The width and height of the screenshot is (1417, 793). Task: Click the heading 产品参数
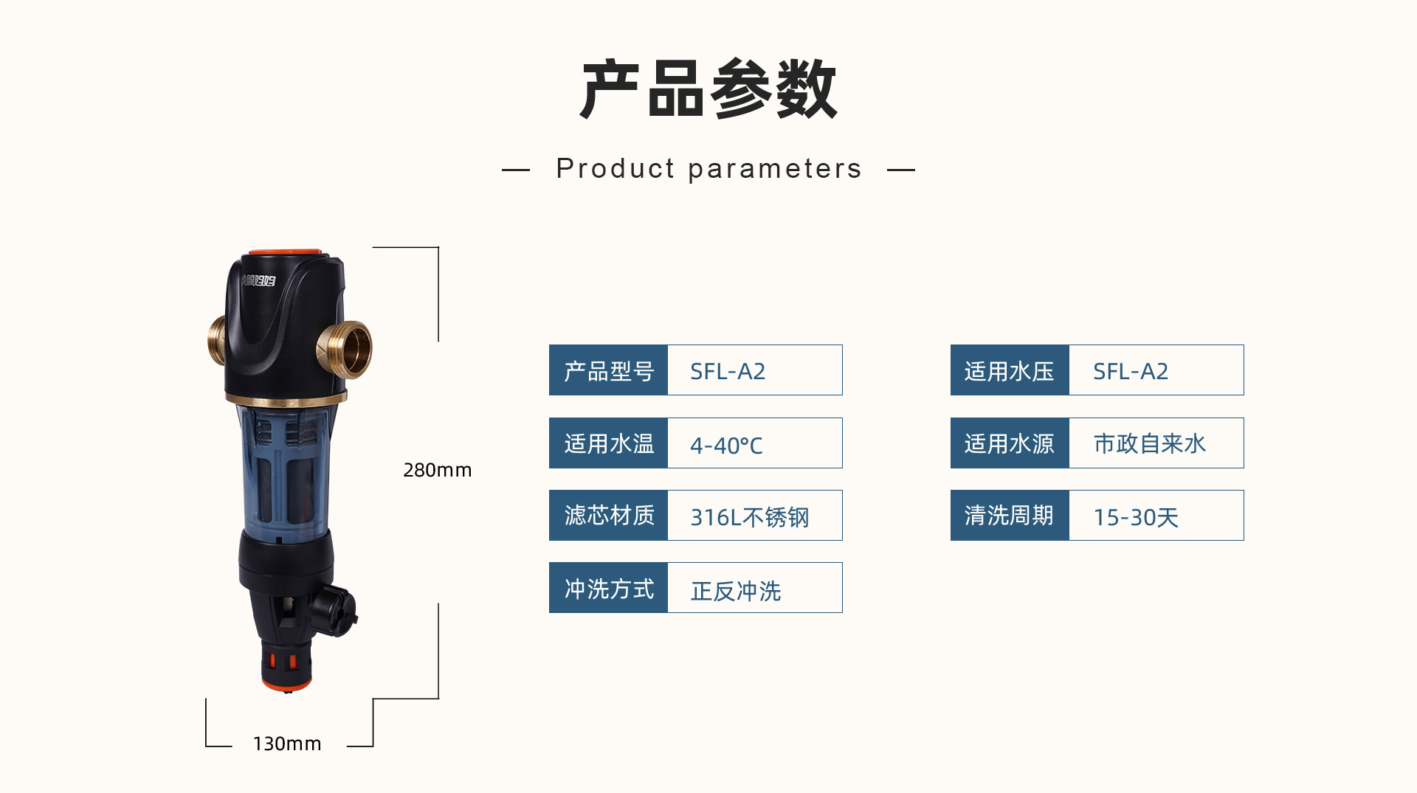pos(708,90)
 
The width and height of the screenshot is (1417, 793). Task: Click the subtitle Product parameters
pos(708,169)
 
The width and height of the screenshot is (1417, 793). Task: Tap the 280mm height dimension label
pos(437,470)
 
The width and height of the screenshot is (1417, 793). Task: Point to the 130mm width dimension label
pos(287,744)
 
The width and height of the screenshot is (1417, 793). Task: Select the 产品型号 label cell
pos(609,370)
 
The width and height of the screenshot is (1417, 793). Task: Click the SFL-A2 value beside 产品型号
pos(728,371)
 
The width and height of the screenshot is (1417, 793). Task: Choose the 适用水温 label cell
pos(609,443)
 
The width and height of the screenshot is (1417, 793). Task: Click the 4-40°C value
pos(726,445)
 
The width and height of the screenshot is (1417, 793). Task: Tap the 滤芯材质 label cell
pos(609,516)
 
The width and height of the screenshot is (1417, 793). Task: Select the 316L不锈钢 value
pos(749,517)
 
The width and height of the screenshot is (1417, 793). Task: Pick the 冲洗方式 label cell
pos(609,588)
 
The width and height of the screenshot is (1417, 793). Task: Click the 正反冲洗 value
pos(736,590)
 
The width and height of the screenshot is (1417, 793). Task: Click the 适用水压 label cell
pos(1010,370)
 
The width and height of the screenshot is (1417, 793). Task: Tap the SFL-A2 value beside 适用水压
pos(1131,371)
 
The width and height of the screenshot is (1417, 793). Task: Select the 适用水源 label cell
pos(1010,443)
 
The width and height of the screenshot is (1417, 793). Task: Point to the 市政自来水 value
pos(1149,443)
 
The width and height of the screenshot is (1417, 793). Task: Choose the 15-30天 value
pos(1136,517)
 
